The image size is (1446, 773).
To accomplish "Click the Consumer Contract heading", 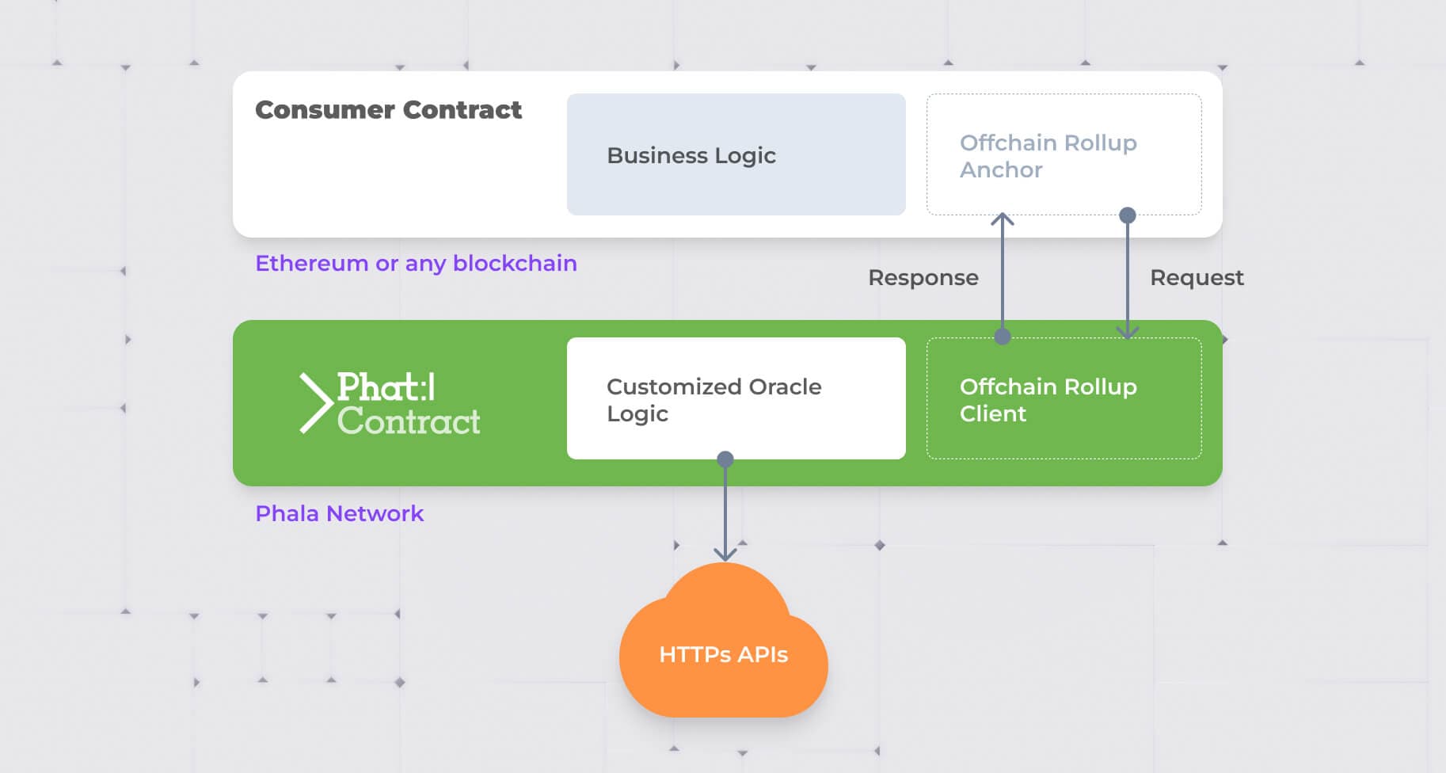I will [388, 110].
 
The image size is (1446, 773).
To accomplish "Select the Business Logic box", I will [736, 154].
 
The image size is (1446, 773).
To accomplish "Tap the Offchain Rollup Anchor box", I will [1064, 154].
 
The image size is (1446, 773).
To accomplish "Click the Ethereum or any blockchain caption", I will [416, 263].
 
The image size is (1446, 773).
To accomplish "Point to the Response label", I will [923, 278].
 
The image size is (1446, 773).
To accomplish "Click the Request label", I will [1197, 278].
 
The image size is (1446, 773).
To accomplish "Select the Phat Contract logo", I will [390, 403].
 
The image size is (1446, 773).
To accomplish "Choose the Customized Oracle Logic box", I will [736, 398].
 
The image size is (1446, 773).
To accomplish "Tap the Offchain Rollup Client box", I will [1064, 398].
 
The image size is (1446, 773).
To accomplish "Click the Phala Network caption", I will [339, 513].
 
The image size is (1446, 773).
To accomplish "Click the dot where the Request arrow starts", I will [1128, 215].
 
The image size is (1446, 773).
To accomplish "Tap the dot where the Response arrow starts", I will [1003, 337].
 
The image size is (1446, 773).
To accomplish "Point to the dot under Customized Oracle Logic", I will [725, 459].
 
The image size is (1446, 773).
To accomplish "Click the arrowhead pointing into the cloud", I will [725, 555].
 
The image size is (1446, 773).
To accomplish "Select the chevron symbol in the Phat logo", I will [315, 403].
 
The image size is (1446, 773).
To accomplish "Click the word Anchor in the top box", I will [1001, 170].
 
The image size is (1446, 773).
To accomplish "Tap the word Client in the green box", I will [993, 414].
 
